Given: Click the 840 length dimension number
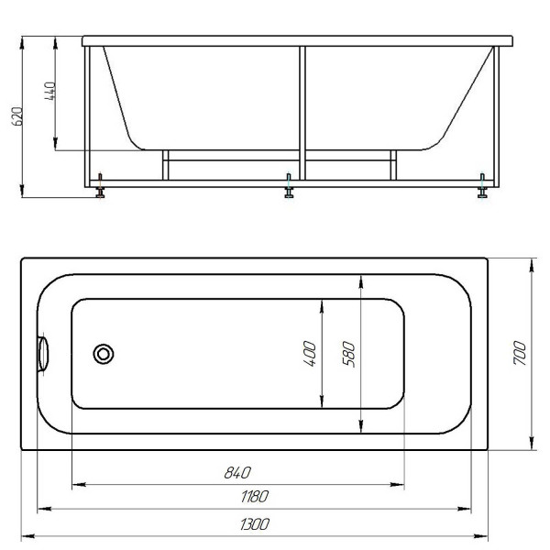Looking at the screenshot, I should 236,473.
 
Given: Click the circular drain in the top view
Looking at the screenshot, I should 104,353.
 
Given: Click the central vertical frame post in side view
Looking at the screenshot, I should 301,110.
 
